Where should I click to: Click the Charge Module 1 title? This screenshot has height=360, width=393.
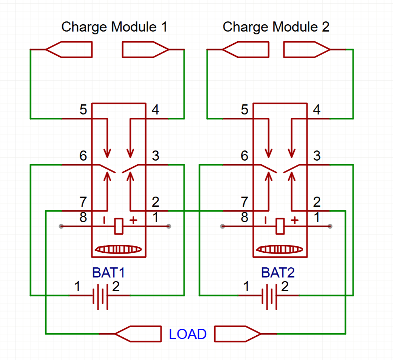114,27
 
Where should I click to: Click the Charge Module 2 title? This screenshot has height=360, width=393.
276,27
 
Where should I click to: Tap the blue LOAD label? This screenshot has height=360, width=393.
188,334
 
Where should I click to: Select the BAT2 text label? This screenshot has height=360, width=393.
278,273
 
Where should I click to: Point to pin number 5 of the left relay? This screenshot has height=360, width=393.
83,110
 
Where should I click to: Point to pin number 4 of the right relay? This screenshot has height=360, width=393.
317,110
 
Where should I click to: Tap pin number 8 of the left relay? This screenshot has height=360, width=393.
83,218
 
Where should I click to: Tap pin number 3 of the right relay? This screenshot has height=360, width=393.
317,156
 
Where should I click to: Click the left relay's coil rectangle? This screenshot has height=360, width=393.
119,226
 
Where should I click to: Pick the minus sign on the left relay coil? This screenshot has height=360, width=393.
104,220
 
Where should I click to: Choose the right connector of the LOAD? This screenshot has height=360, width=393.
237,334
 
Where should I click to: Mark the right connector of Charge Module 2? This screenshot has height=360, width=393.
307,50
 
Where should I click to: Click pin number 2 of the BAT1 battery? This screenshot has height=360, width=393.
116,287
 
